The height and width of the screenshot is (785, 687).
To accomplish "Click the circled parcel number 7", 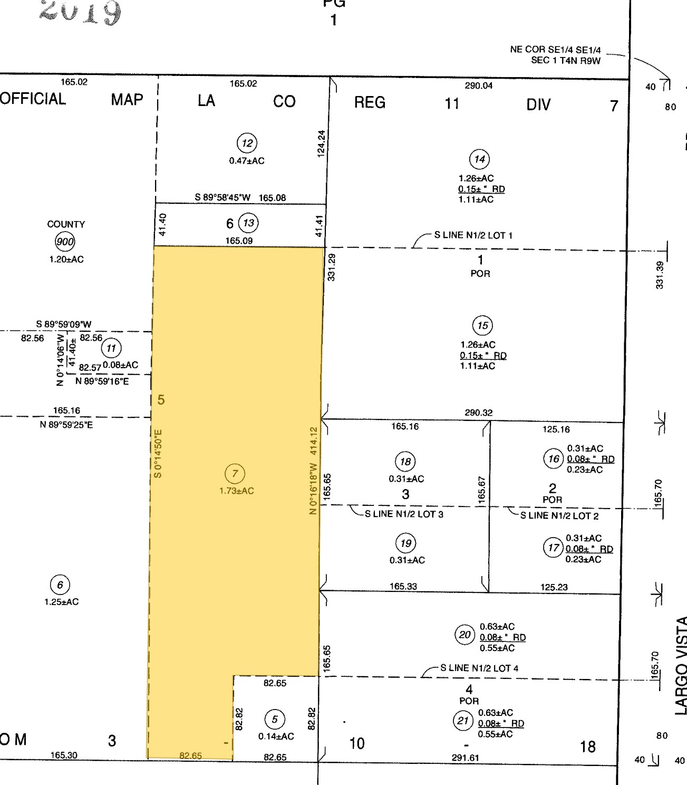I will [235, 473].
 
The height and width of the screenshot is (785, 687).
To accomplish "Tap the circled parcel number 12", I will [247, 143].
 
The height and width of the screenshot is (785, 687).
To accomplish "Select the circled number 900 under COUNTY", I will [65, 242].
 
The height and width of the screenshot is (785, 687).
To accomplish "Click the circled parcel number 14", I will [479, 159].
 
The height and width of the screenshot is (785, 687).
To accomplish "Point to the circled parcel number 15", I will [482, 326].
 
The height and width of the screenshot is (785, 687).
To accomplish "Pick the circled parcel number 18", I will [405, 462].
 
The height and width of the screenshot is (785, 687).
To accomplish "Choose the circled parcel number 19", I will [405, 543].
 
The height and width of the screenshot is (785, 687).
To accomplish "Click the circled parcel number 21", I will [463, 720].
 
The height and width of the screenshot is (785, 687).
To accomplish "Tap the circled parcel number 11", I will [111, 348].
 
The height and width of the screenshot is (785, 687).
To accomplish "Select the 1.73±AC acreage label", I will [237, 491].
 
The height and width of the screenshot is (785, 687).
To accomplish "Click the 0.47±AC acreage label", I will [247, 161].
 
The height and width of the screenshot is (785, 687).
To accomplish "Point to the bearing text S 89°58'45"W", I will [222, 197].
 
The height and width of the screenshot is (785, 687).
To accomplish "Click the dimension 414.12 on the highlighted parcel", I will [314, 441].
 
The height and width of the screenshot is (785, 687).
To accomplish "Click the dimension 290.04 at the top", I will [479, 85].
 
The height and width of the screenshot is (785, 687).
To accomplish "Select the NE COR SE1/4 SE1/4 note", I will [555, 54].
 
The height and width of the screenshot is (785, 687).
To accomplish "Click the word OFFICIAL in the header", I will [33, 99].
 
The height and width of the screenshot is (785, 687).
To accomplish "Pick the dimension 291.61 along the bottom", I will [465, 758].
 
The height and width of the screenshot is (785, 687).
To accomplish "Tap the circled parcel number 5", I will [275, 719].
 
